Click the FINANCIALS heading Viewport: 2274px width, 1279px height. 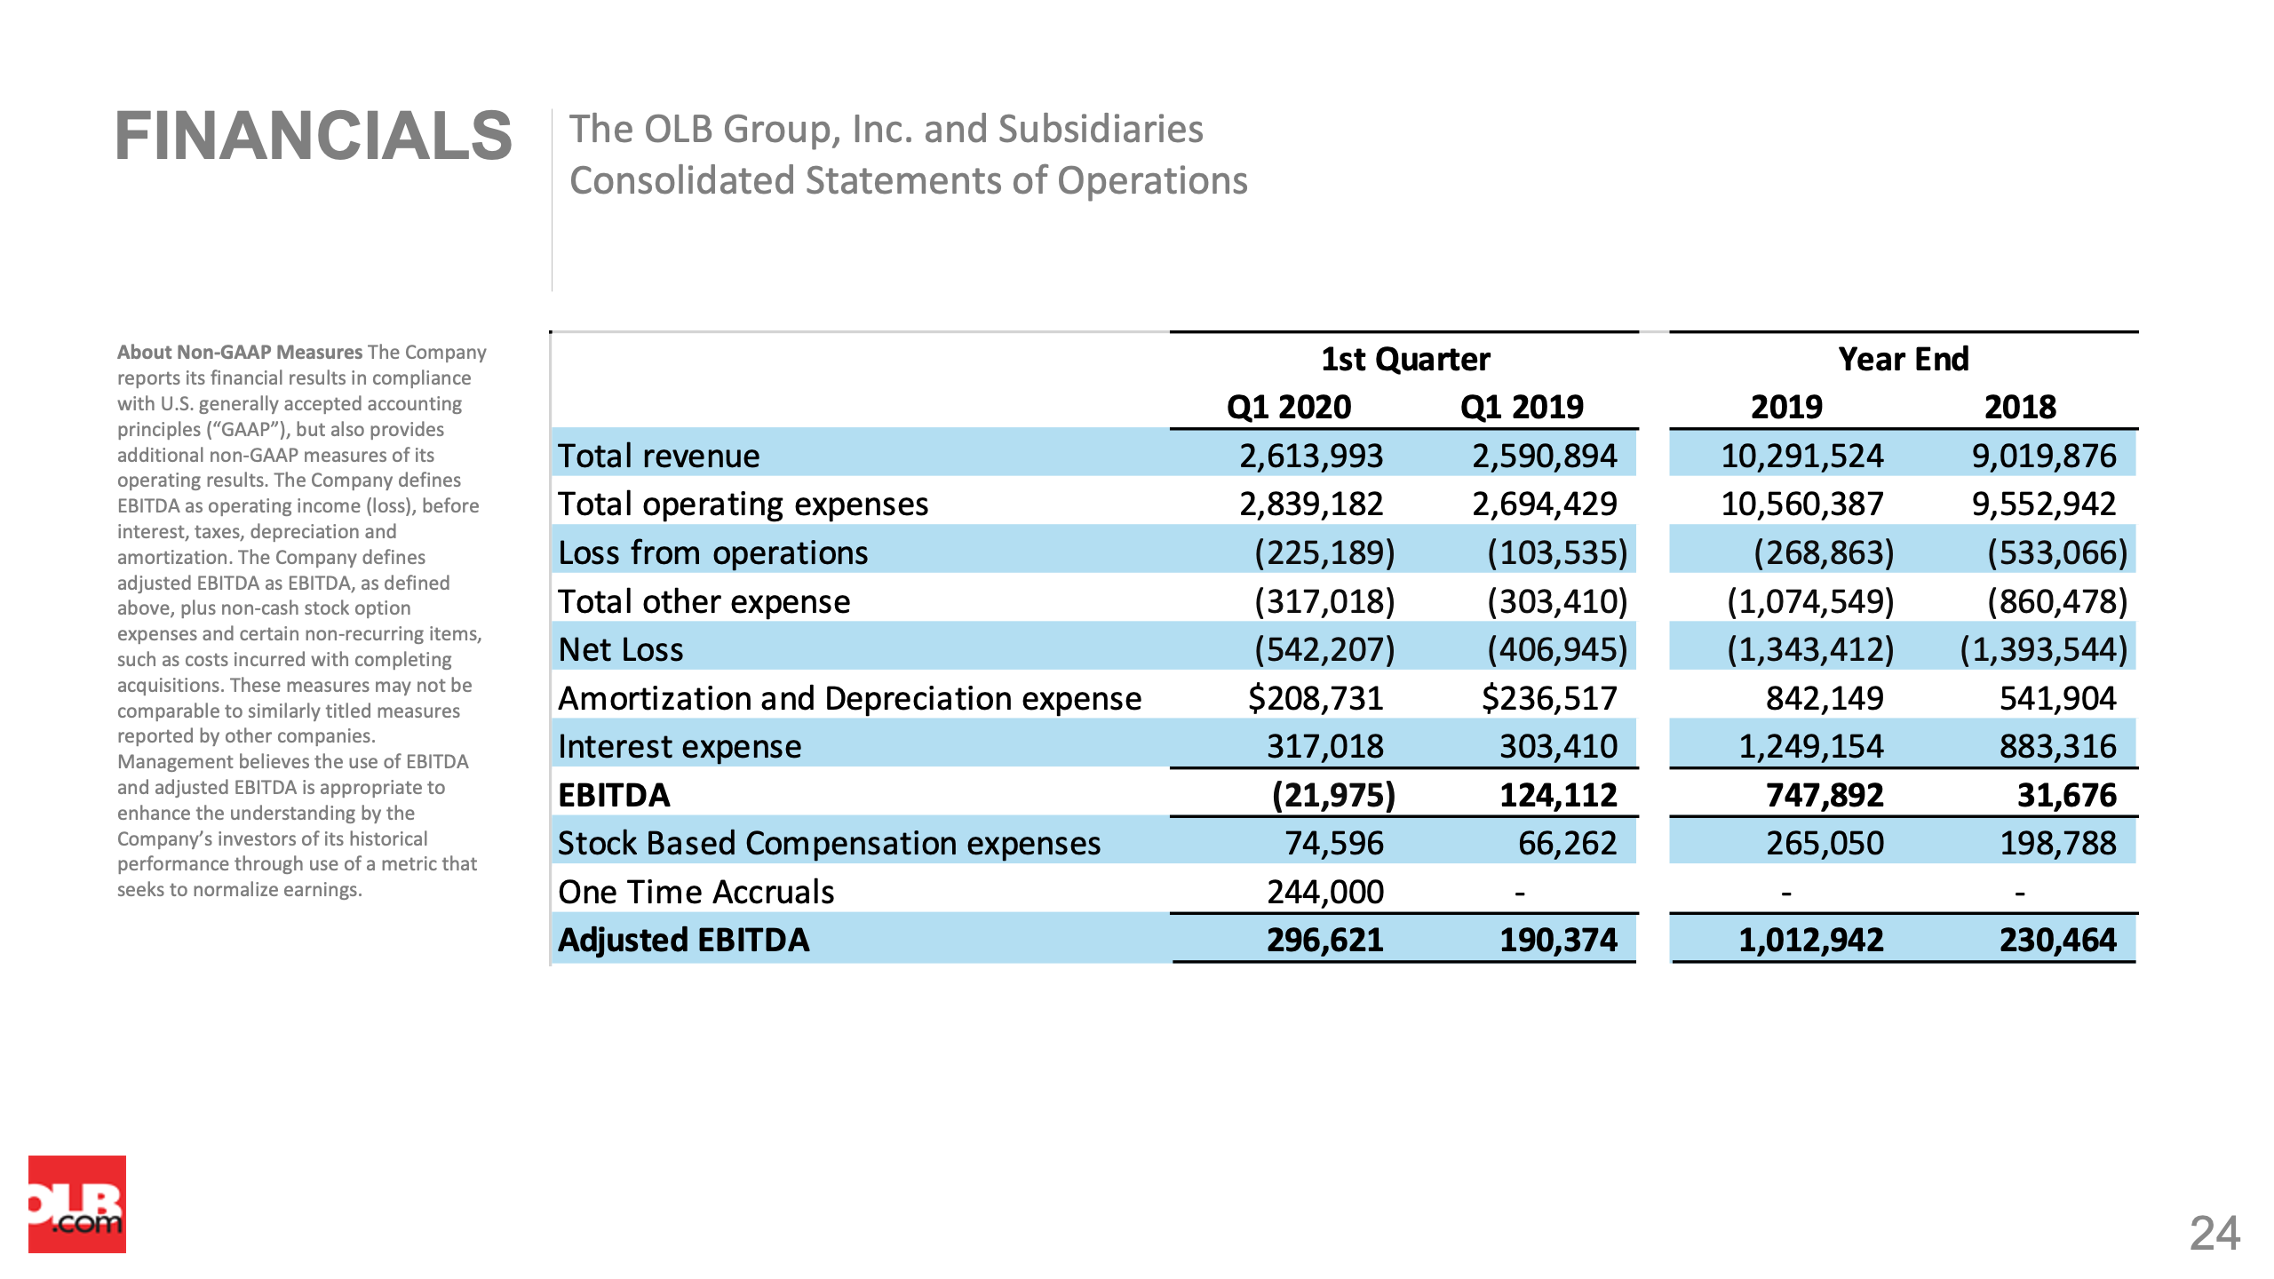[x=314, y=137]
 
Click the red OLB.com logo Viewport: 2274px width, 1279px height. [x=77, y=1204]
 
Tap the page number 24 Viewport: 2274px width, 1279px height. [x=2214, y=1233]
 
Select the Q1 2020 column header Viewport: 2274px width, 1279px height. [x=1289, y=407]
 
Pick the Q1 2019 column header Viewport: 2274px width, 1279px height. [x=1522, y=407]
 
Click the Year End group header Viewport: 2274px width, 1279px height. [x=1904, y=359]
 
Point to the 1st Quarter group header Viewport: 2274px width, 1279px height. [x=1405, y=359]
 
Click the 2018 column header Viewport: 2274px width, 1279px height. [x=2020, y=407]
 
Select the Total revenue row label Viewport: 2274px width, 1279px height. [x=659, y=456]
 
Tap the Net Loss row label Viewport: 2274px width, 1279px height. [x=621, y=649]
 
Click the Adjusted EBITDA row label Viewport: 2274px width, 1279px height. [x=684, y=940]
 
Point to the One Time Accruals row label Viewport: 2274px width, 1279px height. [x=696, y=892]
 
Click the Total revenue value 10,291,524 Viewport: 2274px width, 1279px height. [x=1802, y=456]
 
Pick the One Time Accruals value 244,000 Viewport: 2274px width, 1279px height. [x=1325, y=892]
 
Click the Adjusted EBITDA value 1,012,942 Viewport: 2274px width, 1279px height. [x=1811, y=940]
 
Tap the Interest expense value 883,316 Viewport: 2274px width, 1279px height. [x=2058, y=746]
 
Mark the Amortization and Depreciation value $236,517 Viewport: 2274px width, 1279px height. [x=1549, y=698]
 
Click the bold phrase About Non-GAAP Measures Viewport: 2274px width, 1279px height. [x=240, y=352]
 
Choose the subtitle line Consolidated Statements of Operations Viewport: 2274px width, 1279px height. [x=909, y=180]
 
